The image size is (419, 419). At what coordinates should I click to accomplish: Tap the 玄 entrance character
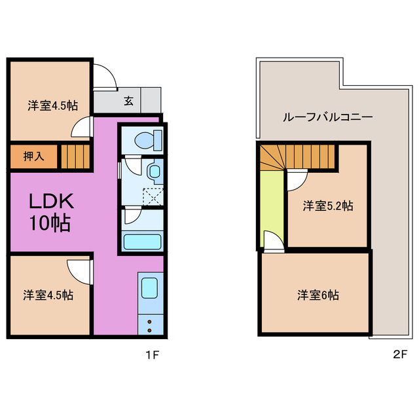pos(129,101)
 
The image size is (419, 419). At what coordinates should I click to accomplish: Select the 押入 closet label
pos(34,156)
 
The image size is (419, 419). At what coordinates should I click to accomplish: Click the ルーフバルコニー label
pos(327,118)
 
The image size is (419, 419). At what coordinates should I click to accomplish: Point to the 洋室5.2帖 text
pos(327,206)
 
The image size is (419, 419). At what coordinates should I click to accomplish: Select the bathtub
pos(142,240)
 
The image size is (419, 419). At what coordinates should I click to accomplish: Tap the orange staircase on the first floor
pos(76,157)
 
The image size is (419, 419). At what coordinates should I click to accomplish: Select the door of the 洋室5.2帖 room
pos(297,178)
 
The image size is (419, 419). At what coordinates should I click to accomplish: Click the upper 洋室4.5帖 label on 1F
pos(49,105)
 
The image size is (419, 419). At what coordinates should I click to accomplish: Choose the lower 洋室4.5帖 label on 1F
pos(49,295)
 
